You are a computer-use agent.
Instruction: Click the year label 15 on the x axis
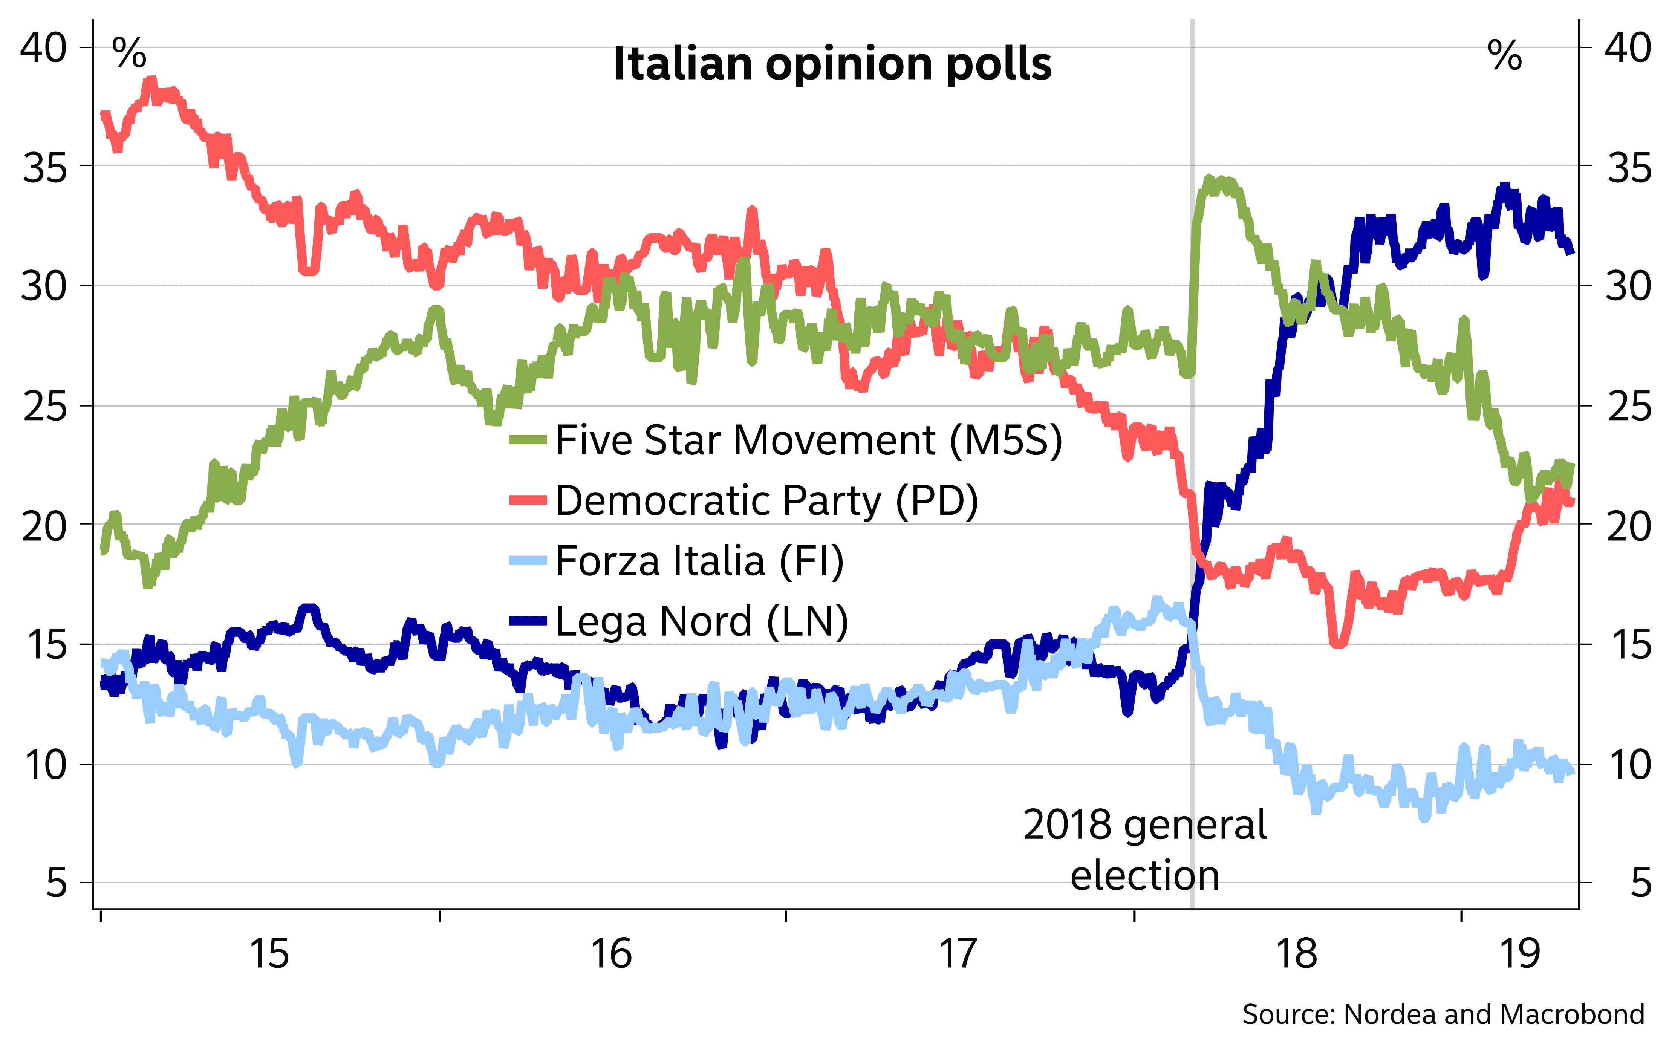(269, 953)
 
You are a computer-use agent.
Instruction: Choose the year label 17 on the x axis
(958, 953)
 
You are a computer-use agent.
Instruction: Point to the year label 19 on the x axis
(1520, 953)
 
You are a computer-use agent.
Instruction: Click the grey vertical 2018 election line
(1192, 486)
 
